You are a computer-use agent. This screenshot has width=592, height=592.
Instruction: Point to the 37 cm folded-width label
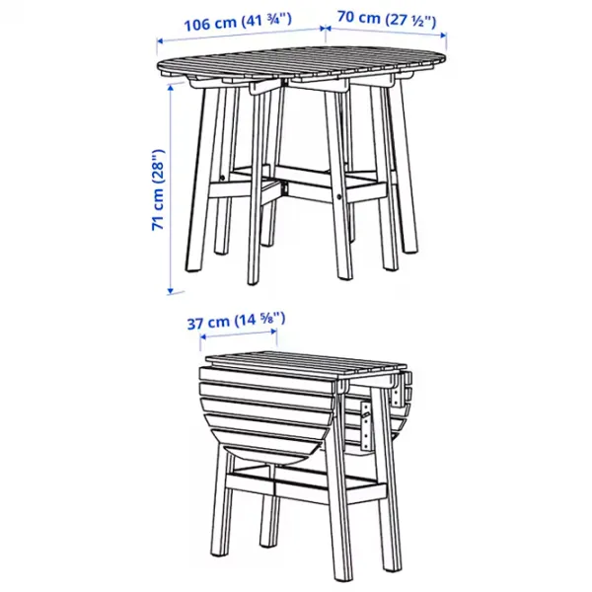tap(236, 321)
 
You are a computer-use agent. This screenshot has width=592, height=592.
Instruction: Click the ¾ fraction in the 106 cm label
tap(278, 19)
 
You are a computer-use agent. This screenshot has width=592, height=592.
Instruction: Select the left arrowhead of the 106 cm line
tap(161, 40)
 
